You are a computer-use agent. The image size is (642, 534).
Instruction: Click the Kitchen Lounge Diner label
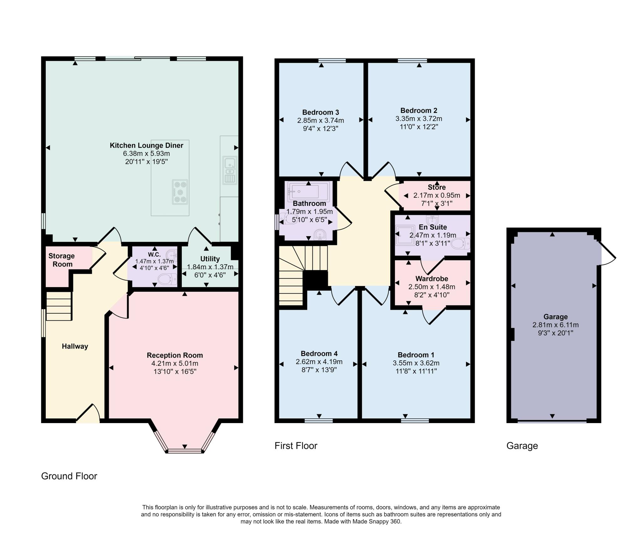point(146,145)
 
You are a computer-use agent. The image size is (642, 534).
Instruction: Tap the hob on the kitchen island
point(180,192)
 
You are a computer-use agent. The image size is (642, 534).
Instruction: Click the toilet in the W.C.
point(167,279)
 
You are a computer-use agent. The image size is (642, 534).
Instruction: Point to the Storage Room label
point(62,260)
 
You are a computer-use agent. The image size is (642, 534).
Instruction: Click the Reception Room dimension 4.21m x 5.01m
point(175,364)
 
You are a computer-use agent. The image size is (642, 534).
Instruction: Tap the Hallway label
point(75,346)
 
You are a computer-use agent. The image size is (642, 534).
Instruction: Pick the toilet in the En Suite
point(460,243)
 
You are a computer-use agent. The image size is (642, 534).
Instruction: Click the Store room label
point(437,187)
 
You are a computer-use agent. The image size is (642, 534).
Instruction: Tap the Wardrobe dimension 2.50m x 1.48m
point(432,287)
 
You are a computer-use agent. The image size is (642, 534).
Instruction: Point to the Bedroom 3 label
point(321,112)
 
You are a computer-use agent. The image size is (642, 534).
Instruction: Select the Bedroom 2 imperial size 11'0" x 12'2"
point(419,127)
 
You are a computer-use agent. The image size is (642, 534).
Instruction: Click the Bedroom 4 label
point(319,354)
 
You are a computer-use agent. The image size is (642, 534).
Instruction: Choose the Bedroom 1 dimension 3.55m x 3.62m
point(416,363)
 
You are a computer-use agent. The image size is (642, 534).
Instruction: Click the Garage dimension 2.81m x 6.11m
point(555,325)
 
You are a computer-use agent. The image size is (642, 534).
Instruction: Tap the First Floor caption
point(296,446)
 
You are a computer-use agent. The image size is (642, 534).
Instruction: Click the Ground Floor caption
point(69,476)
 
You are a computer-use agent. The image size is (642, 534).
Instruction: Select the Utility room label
point(210,259)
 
